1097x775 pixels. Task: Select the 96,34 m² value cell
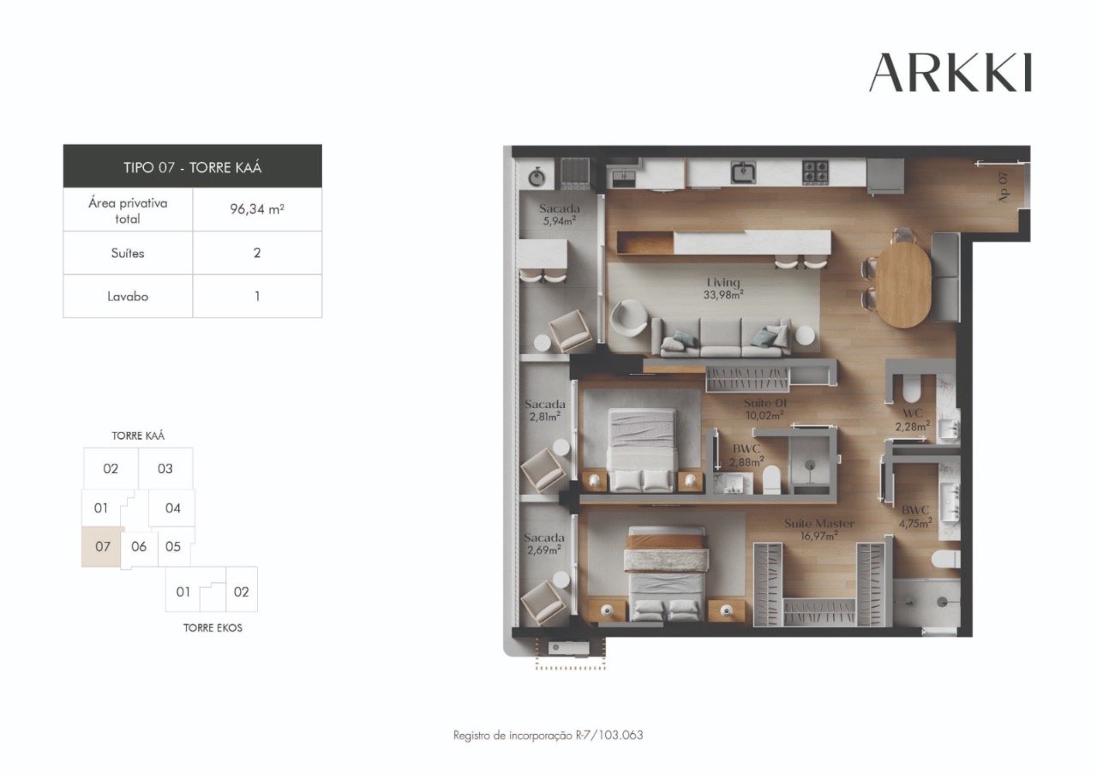coord(257,209)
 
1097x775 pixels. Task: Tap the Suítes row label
coord(128,254)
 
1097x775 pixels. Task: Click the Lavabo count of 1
coord(257,297)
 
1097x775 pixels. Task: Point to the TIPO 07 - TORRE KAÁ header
coord(192,166)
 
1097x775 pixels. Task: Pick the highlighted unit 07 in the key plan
coord(102,547)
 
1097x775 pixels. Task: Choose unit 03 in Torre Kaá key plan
coord(165,469)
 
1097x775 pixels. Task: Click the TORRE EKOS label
coord(213,628)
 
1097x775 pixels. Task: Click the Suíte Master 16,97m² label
coord(819,529)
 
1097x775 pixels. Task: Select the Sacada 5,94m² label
coord(559,214)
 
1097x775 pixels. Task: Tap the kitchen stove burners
coord(814,171)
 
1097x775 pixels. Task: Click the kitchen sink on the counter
coord(743,172)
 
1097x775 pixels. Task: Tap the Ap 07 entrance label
coord(1003,186)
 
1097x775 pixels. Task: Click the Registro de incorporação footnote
coord(548,735)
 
